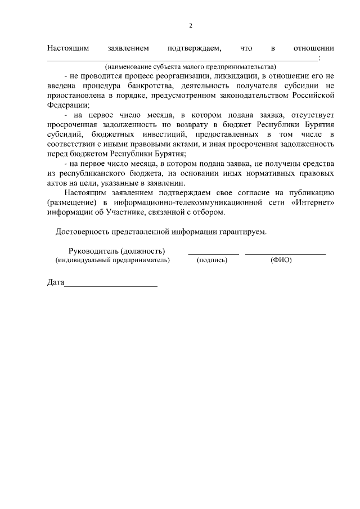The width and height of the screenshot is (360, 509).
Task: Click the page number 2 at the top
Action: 191,26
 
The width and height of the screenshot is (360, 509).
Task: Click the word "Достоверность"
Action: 83,232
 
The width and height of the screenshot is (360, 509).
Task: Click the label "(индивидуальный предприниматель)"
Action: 112,260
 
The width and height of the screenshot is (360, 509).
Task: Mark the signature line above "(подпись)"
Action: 213,254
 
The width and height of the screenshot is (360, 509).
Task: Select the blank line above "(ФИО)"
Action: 285,254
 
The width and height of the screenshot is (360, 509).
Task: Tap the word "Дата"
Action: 55,282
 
